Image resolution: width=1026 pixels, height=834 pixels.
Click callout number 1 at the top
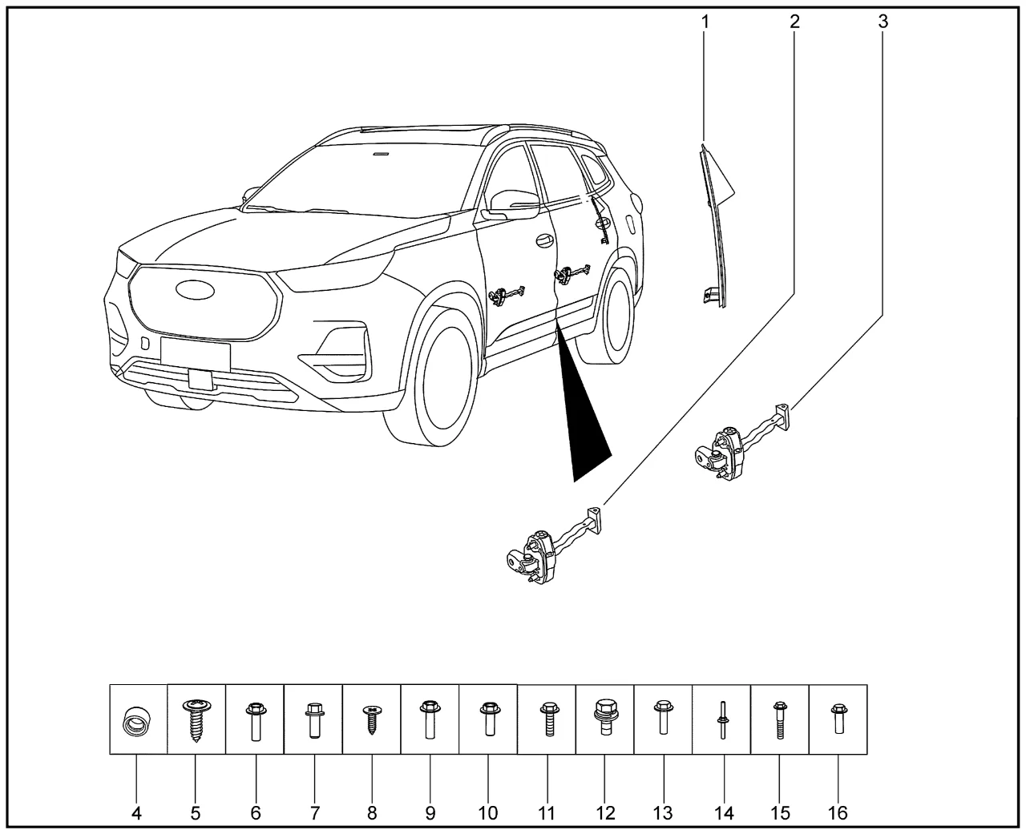[x=705, y=22]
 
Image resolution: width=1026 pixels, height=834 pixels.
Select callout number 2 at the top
[x=794, y=22]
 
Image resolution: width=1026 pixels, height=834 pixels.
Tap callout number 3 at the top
[x=883, y=22]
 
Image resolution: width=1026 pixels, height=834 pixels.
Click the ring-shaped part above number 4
[x=135, y=721]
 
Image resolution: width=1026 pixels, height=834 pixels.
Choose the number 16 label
[x=838, y=813]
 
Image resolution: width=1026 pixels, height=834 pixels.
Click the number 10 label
[x=487, y=813]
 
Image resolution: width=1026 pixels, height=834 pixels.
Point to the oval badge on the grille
[x=195, y=290]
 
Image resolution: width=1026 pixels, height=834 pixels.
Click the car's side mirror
[x=514, y=206]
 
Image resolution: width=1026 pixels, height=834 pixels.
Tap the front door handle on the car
[x=543, y=241]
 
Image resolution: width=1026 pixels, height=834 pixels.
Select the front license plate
[x=195, y=355]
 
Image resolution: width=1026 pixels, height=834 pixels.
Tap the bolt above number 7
[x=314, y=721]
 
